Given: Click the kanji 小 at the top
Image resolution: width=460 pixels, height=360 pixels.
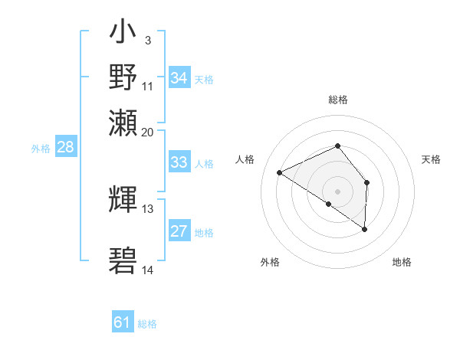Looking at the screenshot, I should (x=123, y=35).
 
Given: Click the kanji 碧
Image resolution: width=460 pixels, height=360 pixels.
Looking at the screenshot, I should (x=123, y=260).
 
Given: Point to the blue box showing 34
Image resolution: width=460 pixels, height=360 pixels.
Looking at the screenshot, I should (x=179, y=78).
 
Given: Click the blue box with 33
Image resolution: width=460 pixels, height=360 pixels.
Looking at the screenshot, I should (x=179, y=162).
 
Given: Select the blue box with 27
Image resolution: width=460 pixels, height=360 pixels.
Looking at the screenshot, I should (x=179, y=231).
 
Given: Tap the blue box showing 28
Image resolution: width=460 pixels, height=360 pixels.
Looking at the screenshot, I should (x=65, y=148).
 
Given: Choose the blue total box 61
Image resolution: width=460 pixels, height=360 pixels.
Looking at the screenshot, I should (x=123, y=322).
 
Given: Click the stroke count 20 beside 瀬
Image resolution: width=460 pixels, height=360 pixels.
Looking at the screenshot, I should (x=148, y=132).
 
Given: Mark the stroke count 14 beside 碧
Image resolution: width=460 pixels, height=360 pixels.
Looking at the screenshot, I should (x=148, y=270).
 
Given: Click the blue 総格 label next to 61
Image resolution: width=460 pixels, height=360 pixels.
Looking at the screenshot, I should (x=147, y=324).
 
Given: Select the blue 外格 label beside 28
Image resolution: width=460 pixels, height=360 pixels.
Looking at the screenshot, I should (x=41, y=149).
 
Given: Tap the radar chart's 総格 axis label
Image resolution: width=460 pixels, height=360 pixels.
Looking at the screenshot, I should (x=338, y=100).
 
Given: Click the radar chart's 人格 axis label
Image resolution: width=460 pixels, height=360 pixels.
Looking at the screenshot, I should (x=245, y=159).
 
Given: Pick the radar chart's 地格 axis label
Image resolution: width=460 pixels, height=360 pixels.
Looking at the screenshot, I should (x=402, y=262).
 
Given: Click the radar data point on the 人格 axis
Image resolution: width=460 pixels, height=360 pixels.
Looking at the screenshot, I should (x=280, y=173).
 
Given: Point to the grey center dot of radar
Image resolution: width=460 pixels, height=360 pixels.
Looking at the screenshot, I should (x=338, y=191).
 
